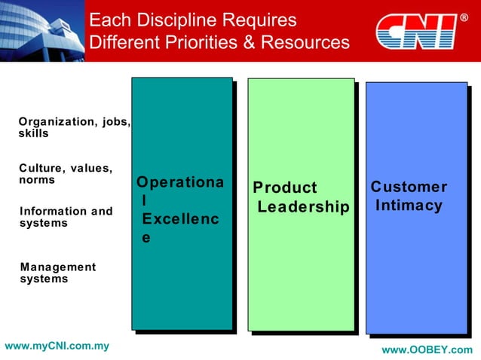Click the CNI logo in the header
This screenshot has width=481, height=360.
[417, 32]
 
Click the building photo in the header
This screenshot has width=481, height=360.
[41, 31]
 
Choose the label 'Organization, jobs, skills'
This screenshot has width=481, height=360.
[74, 127]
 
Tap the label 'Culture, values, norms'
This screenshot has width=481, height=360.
[66, 175]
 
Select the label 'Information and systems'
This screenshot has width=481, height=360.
[66, 217]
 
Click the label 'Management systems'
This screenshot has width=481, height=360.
[58, 273]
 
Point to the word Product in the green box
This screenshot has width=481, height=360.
[285, 188]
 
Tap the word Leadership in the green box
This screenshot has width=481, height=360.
[304, 206]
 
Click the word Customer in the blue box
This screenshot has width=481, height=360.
[409, 187]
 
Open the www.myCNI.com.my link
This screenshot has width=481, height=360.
[57, 346]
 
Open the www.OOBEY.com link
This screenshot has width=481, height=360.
[427, 350]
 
